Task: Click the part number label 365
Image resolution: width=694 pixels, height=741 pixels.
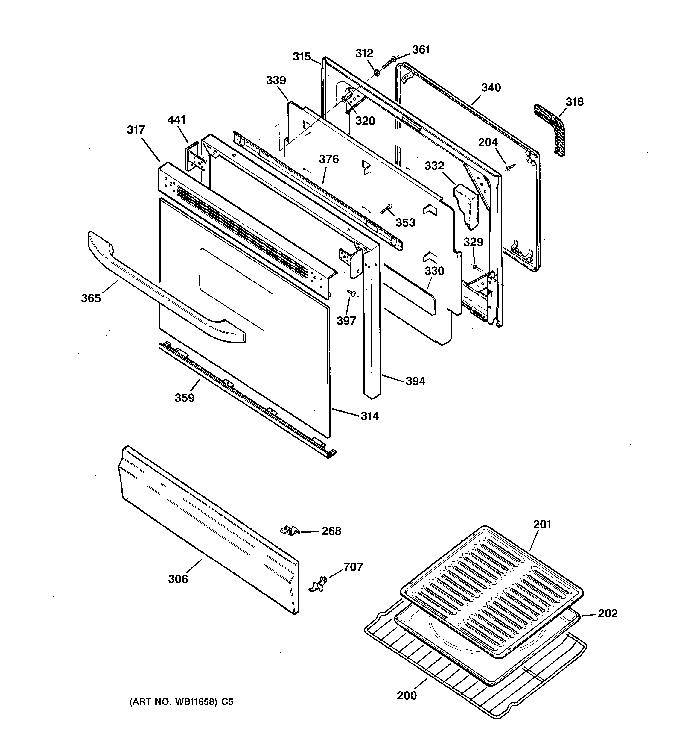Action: [x=91, y=298]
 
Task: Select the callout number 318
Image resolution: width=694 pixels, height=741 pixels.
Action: [x=574, y=102]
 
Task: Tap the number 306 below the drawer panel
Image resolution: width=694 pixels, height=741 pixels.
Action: [x=178, y=579]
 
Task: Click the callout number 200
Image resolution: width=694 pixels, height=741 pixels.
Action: [x=407, y=695]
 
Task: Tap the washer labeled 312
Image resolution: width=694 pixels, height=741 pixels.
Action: [x=377, y=72]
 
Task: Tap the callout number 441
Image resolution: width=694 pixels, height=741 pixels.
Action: [x=176, y=120]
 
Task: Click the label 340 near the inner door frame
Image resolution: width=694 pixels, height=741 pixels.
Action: [x=491, y=88]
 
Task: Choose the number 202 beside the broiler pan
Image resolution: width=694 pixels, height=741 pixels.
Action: [x=608, y=613]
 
